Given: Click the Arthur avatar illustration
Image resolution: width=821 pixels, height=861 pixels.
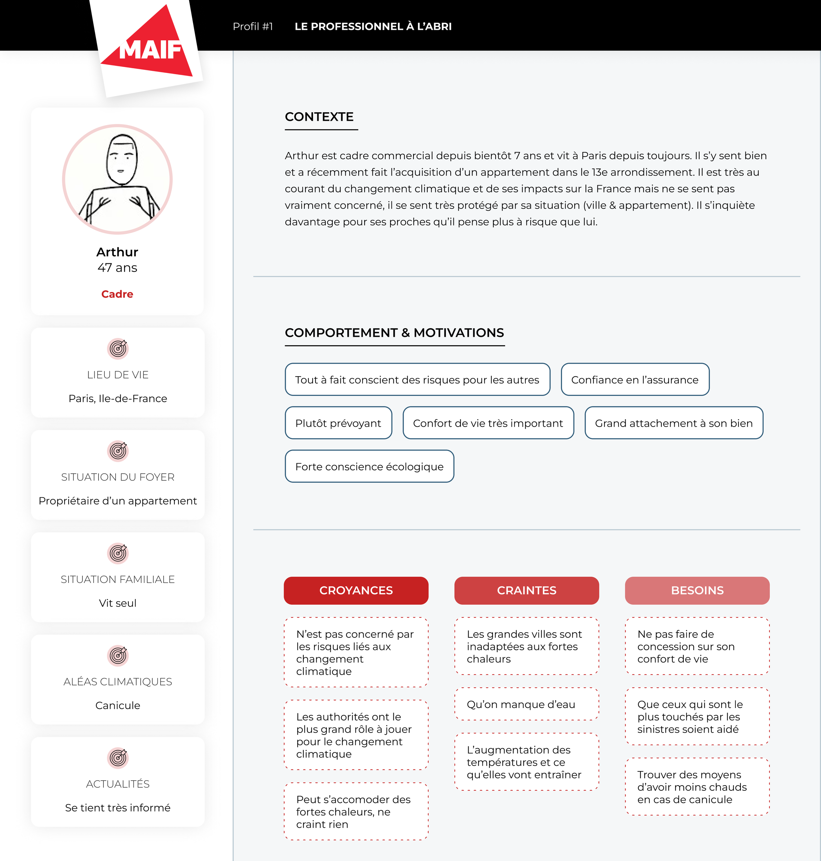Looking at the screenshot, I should (117, 179).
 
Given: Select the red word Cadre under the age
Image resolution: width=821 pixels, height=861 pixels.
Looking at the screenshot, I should (117, 294).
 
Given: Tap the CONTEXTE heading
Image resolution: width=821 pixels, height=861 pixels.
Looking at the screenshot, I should (319, 117).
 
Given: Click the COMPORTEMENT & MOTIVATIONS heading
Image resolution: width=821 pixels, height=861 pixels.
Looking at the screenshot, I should (394, 333).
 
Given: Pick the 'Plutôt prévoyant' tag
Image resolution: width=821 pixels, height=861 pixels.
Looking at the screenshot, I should (338, 423).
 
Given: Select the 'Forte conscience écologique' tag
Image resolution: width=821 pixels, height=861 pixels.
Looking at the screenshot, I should (369, 466).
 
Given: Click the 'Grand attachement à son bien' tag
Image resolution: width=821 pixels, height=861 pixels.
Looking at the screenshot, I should (674, 423).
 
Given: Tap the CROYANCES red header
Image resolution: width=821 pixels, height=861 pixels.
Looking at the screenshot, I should (356, 591).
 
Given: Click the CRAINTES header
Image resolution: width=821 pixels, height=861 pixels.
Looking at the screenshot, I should (526, 591).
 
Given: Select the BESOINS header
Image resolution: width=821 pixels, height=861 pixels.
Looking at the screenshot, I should (697, 591).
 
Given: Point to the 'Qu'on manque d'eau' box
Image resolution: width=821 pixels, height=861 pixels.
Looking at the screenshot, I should (526, 704).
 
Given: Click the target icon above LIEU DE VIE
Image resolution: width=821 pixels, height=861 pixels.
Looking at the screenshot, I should (118, 349).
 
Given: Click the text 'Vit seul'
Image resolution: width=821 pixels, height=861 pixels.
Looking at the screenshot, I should (118, 603).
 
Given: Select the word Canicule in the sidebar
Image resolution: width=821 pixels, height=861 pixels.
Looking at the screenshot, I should (118, 705).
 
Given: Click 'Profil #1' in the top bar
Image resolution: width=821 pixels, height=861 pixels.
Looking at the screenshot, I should (253, 27).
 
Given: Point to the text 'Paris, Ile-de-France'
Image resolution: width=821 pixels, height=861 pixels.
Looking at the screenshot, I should (118, 398).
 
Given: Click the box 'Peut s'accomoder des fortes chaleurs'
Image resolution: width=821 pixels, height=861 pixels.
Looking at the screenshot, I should (356, 811).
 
